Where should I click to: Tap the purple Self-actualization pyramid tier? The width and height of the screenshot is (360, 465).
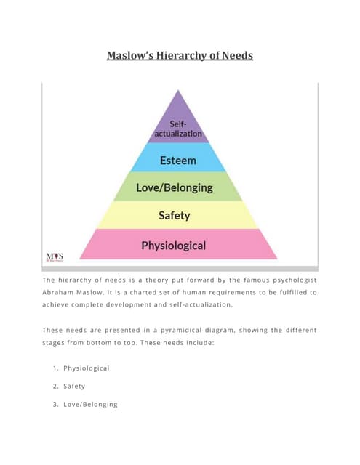pos(179,129)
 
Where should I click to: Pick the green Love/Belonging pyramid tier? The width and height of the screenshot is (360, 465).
pos(175,187)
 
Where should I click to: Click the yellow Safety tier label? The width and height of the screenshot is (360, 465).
pos(175,215)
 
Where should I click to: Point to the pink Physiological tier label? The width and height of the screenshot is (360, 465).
pos(173,245)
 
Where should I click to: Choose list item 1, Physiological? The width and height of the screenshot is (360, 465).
pos(86,368)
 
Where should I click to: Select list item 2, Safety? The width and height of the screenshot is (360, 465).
pos(74,386)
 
